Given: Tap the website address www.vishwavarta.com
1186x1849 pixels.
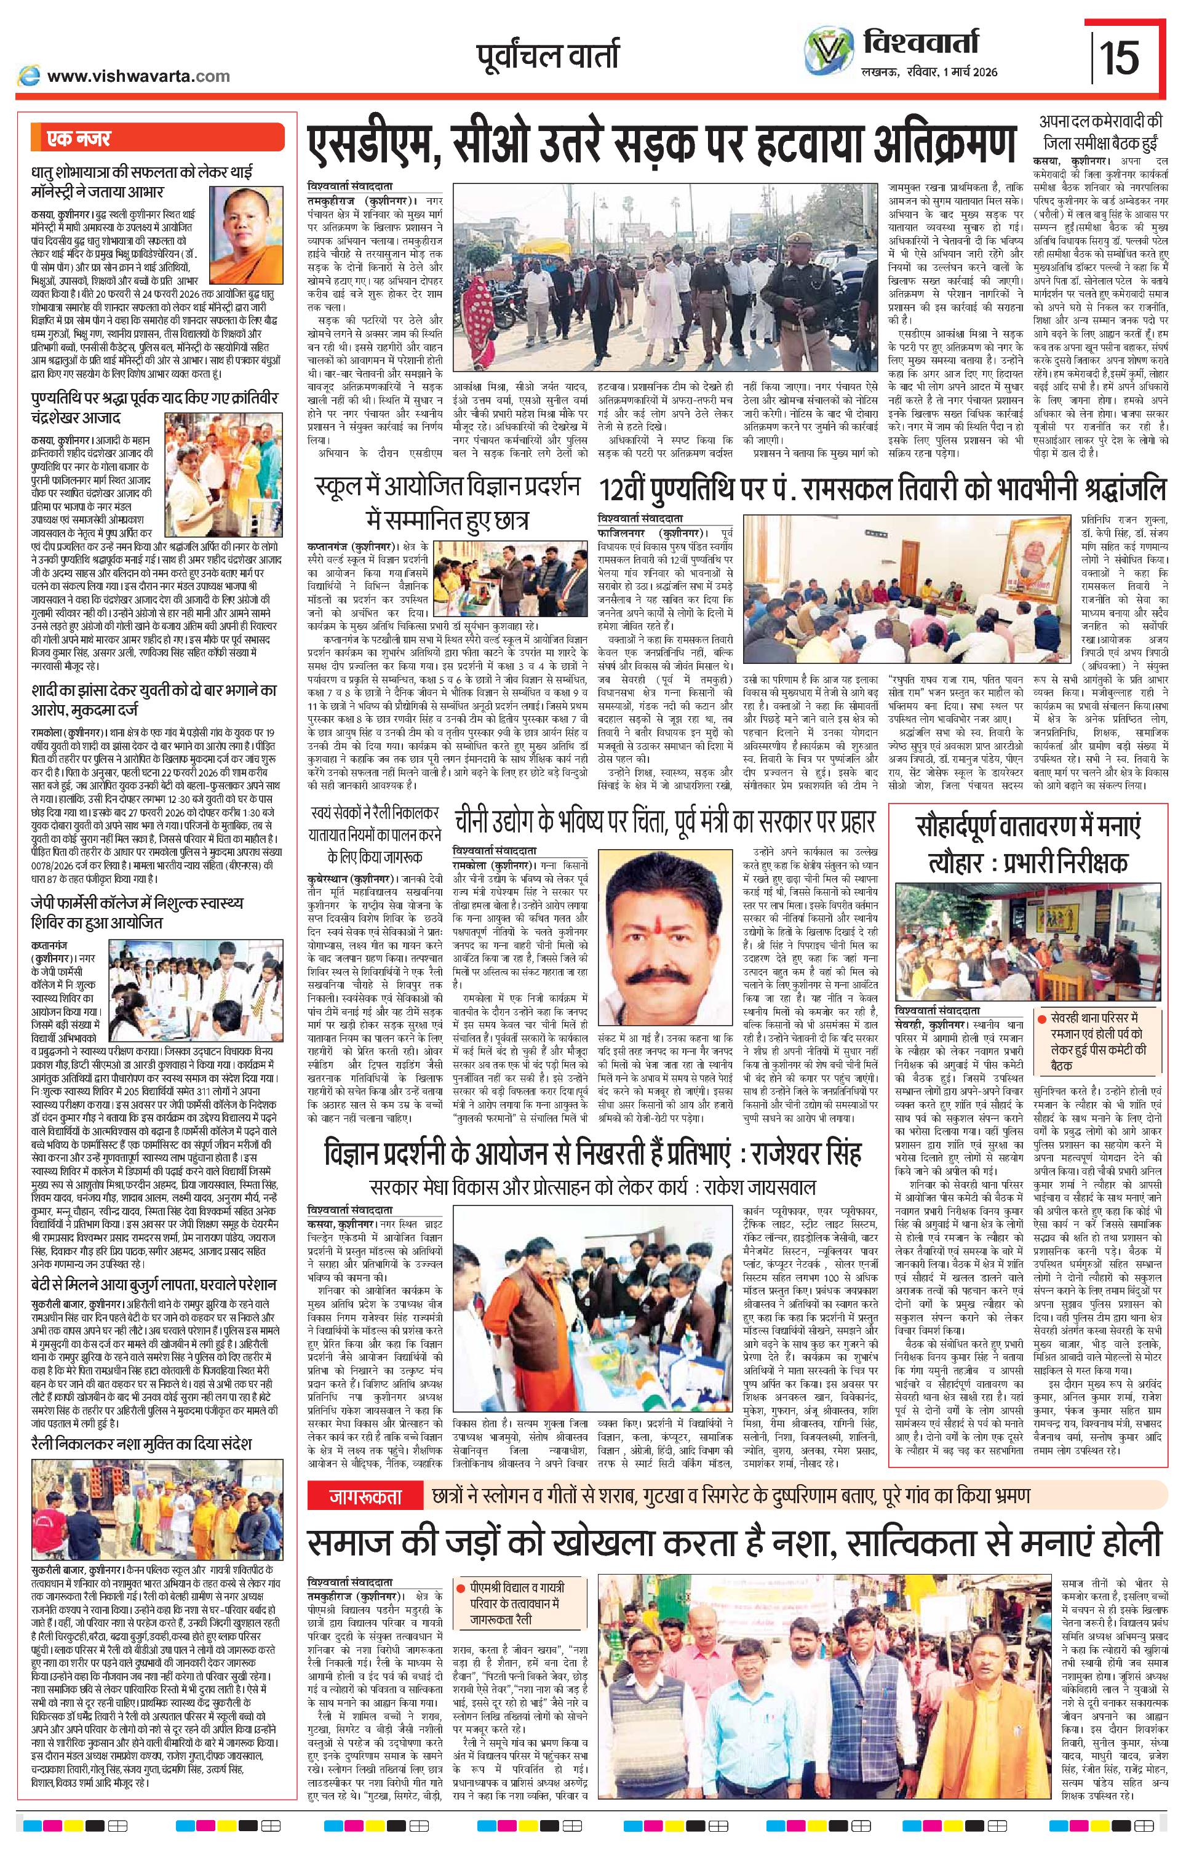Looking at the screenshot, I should point(137,76).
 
